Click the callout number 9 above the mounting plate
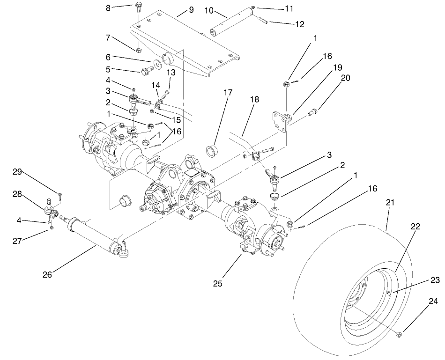pos(191,10)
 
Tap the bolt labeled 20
pos(314,112)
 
